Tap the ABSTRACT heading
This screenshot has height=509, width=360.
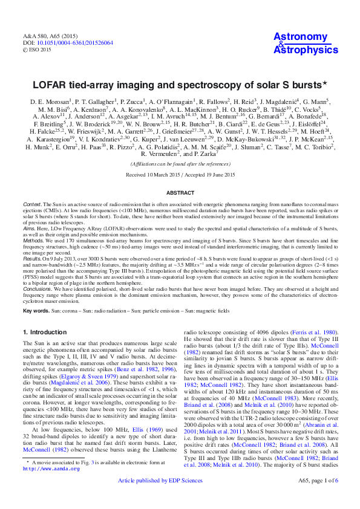pos(180,192)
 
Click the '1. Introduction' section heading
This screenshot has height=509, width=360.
pos(50,332)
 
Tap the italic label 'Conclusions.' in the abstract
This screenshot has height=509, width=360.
pos(36,289)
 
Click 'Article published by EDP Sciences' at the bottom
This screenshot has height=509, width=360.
pos(169,497)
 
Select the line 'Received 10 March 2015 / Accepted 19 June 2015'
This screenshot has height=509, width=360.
pos(180,174)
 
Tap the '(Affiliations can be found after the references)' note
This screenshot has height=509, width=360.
pos(180,164)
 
